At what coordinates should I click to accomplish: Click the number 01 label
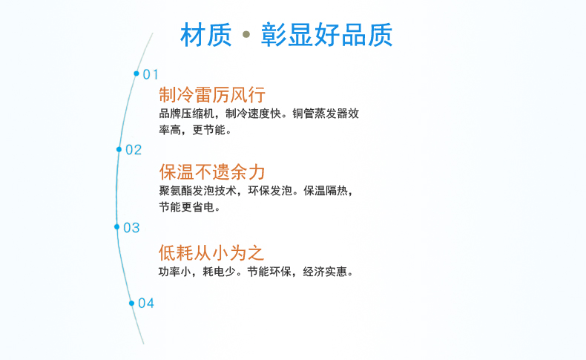point(151,74)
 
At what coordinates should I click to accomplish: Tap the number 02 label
point(134,150)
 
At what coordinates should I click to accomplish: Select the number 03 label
point(131,228)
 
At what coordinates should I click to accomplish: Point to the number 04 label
point(146,304)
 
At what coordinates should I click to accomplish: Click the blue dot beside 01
point(136,73)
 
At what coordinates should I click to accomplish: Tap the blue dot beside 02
point(119,149)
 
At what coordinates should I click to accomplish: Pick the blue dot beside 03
point(116,227)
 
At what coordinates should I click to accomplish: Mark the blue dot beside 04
point(131,303)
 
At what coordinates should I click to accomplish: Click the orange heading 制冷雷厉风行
point(212,95)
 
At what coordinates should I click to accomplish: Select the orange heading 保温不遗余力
point(212,172)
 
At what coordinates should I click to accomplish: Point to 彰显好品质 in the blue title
point(327,35)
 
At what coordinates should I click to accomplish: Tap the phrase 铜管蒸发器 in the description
point(320,114)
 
